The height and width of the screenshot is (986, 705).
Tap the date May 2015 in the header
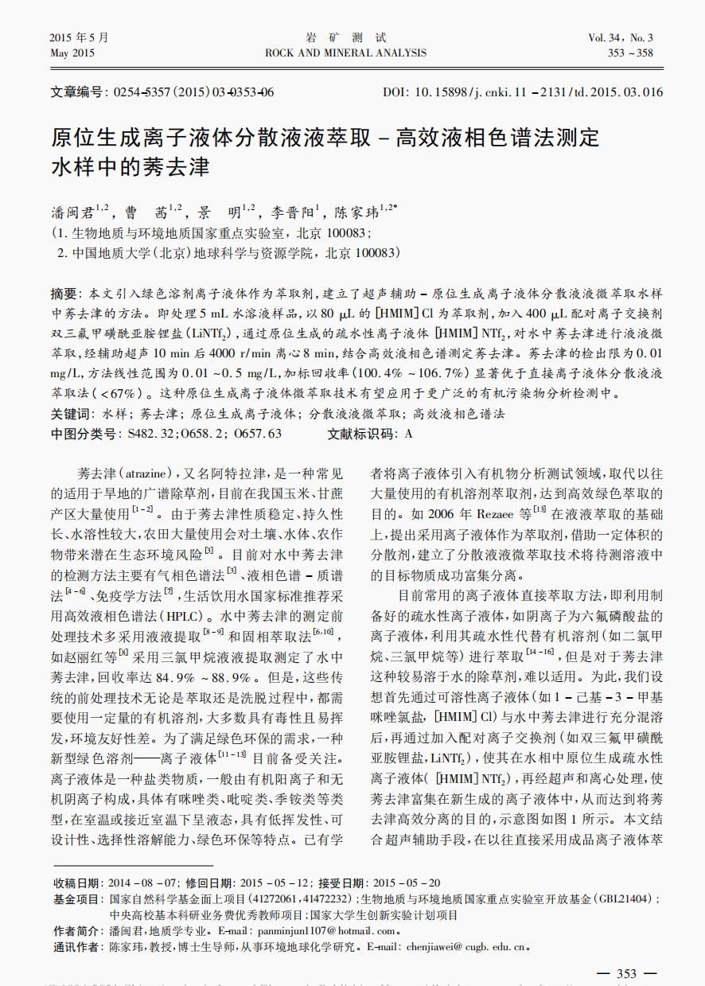(x=72, y=53)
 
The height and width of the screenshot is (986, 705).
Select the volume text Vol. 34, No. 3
(x=621, y=37)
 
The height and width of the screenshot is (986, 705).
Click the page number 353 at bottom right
(x=627, y=974)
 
